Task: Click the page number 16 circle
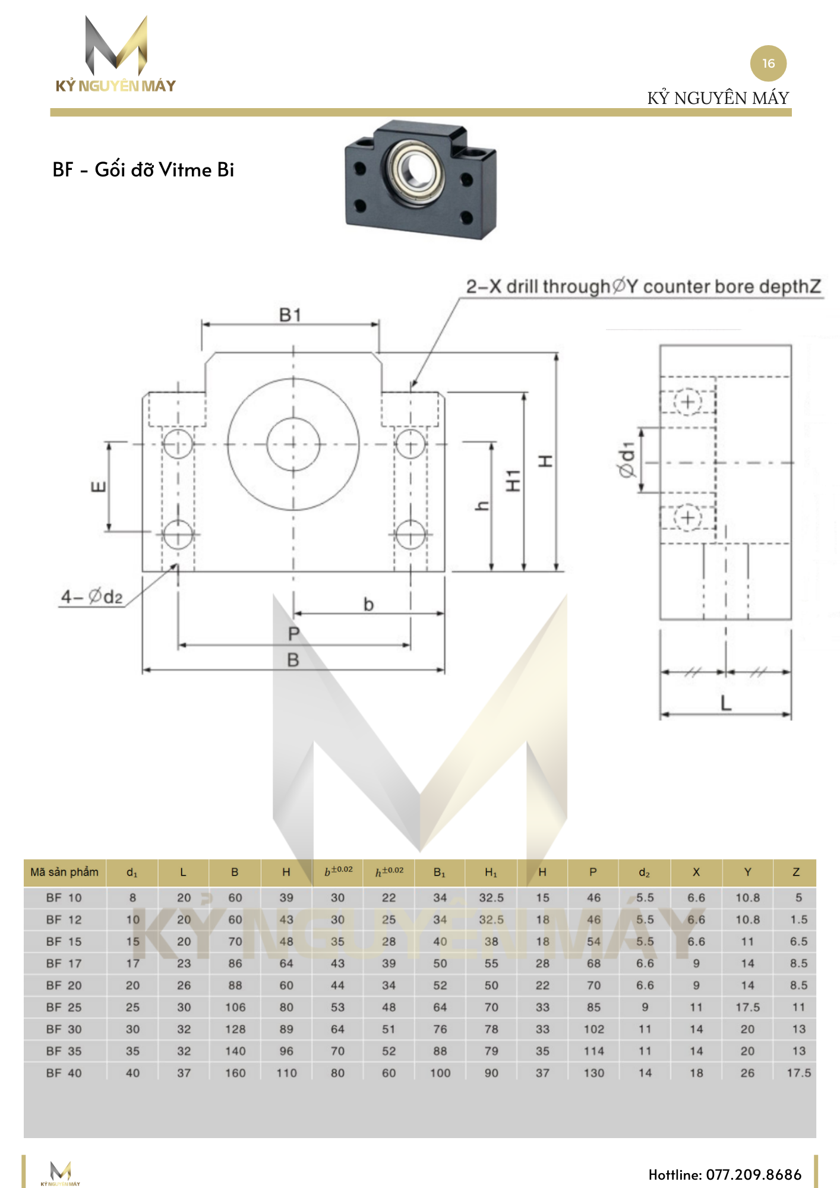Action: click(x=768, y=64)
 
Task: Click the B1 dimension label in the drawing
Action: click(x=290, y=315)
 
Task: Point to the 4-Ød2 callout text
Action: click(x=92, y=596)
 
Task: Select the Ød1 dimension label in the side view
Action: click(x=627, y=460)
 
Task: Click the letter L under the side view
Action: click(x=725, y=704)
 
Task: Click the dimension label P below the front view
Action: click(x=293, y=634)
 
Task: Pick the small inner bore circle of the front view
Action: click(x=293, y=444)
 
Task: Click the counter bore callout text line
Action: click(x=643, y=287)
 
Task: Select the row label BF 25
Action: click(x=64, y=1007)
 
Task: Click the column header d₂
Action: click(x=645, y=873)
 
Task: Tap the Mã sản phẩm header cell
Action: click(x=65, y=872)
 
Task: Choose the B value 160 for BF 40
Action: click(x=235, y=1073)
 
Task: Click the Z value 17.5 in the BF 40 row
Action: click(x=798, y=1073)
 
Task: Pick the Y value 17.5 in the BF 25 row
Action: click(x=747, y=1007)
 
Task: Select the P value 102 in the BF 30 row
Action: click(x=593, y=1029)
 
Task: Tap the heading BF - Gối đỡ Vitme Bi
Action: click(x=143, y=170)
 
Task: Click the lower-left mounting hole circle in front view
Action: click(x=178, y=533)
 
